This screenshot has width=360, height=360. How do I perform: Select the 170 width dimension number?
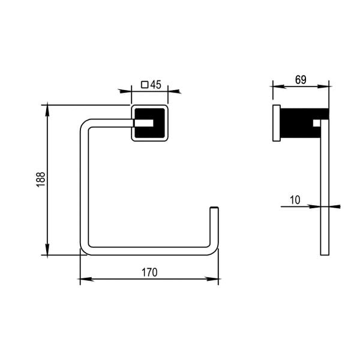pos(149,272)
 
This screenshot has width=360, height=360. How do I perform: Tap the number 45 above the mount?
pos(155,85)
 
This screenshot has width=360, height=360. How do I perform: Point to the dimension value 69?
pos(301,79)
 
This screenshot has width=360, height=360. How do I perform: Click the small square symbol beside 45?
pos(144,85)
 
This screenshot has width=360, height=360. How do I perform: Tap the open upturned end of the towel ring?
pos(214,210)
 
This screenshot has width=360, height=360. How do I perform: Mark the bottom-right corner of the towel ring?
pos(214,250)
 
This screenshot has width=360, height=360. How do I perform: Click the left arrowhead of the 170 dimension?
pos(83,280)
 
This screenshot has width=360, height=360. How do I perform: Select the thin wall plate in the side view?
pos(276,124)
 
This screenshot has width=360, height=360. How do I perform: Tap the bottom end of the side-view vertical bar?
pos(325,253)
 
